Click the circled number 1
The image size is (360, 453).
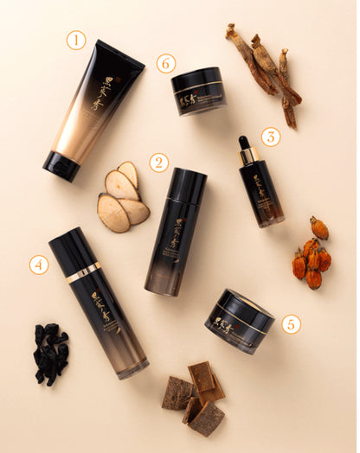76,39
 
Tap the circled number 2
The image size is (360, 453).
157,162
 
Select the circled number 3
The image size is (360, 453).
271,137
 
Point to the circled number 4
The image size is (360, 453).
38,265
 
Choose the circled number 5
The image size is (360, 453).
291,324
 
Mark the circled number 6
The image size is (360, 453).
166,63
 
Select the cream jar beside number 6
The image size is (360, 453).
198,91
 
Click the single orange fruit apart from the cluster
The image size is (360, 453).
319,227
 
